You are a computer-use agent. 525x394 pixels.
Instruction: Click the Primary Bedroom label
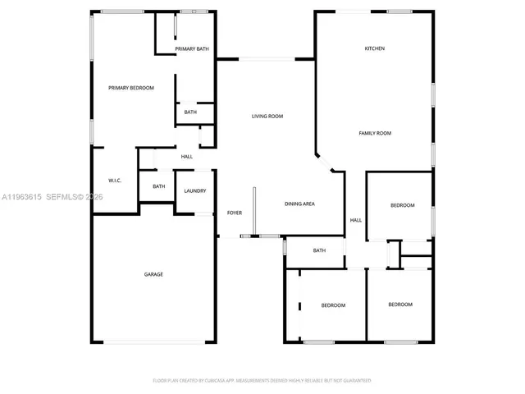click(131, 87)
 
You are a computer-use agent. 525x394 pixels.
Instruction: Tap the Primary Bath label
click(192, 49)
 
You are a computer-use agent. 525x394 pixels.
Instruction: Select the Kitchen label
click(375, 48)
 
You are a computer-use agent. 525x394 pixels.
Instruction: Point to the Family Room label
click(375, 133)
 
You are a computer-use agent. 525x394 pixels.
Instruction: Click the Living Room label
click(267, 117)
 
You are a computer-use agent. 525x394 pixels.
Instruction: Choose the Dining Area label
click(300, 204)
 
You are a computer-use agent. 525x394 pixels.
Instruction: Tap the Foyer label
click(234, 213)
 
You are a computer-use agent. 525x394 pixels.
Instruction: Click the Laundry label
click(194, 191)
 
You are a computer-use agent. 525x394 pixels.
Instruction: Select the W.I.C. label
click(115, 181)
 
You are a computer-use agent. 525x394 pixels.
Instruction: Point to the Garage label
click(153, 274)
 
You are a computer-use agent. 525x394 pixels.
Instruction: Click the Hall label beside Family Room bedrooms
click(356, 220)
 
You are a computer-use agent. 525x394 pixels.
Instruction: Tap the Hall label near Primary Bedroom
click(187, 157)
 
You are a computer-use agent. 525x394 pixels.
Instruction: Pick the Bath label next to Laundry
click(158, 186)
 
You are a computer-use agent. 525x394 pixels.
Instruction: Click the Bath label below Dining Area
click(319, 250)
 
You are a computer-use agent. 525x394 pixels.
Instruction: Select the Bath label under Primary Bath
click(190, 112)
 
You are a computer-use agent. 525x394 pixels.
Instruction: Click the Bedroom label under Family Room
click(402, 205)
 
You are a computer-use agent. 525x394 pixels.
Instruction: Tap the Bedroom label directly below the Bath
click(333, 305)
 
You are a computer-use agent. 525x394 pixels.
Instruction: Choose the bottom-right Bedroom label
click(399, 305)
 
